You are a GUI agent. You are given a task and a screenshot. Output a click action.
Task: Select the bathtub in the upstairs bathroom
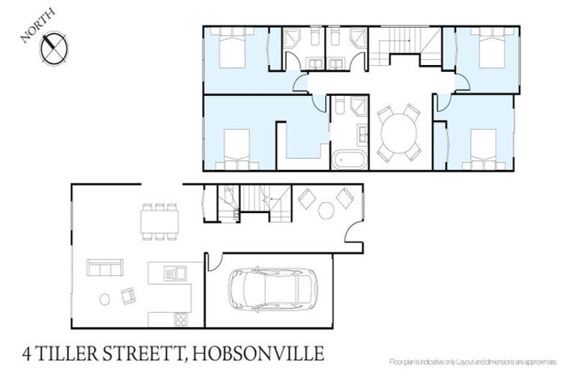point(349,159)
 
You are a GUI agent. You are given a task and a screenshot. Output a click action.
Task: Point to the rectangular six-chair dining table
point(159,221)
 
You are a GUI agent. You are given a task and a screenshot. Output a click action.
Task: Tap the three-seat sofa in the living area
point(105,267)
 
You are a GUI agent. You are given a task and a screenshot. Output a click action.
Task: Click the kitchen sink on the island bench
point(175,273)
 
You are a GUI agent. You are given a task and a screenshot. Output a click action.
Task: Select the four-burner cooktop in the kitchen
point(180,318)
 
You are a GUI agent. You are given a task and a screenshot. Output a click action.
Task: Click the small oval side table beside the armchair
point(104,299)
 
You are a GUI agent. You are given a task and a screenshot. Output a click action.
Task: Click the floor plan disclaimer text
point(473,361)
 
